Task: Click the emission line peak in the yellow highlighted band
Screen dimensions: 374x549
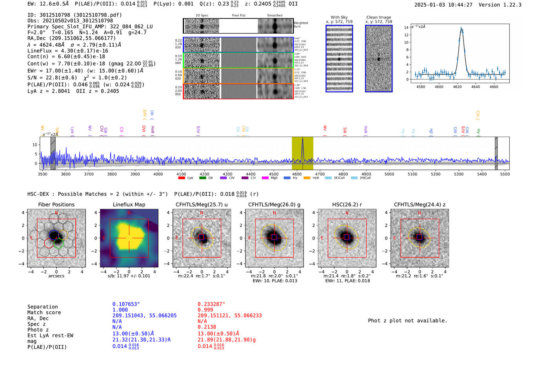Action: (302, 139)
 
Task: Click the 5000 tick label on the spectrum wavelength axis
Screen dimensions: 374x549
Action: (389, 174)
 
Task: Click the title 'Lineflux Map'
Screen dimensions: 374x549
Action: (129, 204)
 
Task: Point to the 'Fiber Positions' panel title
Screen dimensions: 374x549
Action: (56, 204)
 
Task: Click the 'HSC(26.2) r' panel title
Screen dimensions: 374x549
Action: (346, 204)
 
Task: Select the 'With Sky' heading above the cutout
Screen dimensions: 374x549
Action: (339, 17)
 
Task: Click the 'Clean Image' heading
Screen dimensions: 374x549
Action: (378, 17)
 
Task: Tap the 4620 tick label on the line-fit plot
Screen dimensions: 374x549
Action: (457, 87)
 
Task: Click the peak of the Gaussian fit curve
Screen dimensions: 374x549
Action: (461, 29)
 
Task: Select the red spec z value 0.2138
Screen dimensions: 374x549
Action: (207, 327)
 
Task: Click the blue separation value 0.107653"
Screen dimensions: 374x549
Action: (126, 304)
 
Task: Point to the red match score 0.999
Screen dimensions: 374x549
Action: (205, 310)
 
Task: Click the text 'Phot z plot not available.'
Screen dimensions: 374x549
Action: (407, 321)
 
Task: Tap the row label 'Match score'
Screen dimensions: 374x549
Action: (44, 313)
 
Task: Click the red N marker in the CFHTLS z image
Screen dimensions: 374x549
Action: (420, 213)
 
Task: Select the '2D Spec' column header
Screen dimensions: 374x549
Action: (202, 16)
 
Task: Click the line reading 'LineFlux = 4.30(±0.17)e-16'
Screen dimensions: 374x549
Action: (67, 51)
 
